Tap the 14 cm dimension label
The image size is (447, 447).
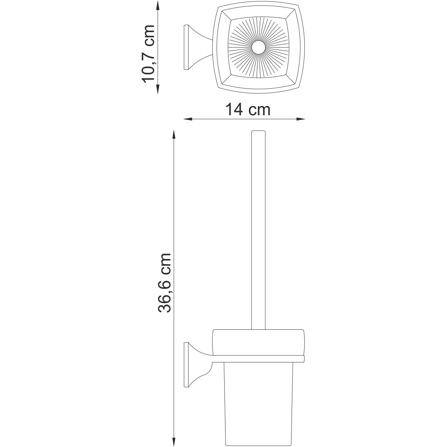pos(248,110)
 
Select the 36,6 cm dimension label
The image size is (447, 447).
pos(164,283)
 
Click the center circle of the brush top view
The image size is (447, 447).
pos(259,48)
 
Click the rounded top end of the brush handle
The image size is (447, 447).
pos(259,132)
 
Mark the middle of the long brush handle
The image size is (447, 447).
pos(259,230)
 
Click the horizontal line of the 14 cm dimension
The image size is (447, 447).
pos(244,119)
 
